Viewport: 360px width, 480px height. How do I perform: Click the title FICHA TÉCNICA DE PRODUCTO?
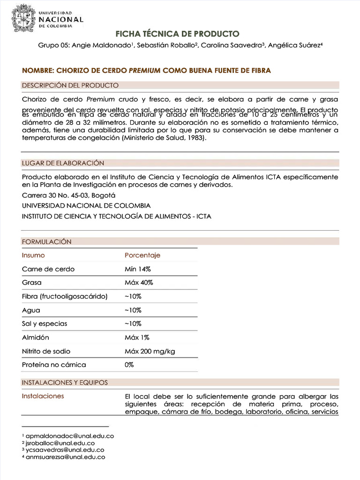coord(178,34)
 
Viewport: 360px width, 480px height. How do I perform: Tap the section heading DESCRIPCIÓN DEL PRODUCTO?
coord(70,85)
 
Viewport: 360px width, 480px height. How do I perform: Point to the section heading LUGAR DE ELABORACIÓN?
coord(63,163)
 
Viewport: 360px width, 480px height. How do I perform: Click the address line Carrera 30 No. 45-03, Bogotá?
coord(68,195)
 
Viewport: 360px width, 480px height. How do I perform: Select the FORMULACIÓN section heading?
coord(47,242)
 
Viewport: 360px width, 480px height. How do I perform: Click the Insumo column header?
coord(33,255)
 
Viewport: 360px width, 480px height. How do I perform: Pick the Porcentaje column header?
coord(142,255)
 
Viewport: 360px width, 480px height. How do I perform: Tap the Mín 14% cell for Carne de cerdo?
coord(137,269)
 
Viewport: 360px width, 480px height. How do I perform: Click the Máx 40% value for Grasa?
coord(139,283)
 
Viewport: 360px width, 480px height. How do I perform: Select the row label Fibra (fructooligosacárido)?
coord(65,296)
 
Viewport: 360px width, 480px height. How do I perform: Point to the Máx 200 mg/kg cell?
coord(150,351)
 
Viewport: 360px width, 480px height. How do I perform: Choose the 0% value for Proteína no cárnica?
coord(129,365)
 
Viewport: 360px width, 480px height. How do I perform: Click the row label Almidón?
coord(36,337)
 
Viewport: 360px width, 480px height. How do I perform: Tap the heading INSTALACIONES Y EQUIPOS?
coord(65,382)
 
